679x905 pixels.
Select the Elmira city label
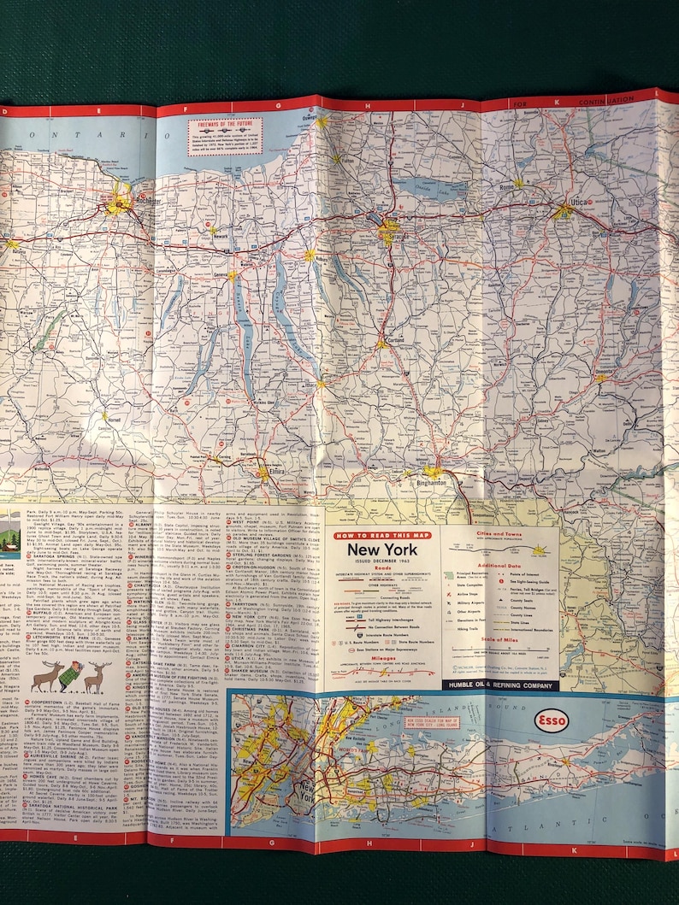pos(268,480)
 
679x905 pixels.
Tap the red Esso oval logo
pos(551,721)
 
